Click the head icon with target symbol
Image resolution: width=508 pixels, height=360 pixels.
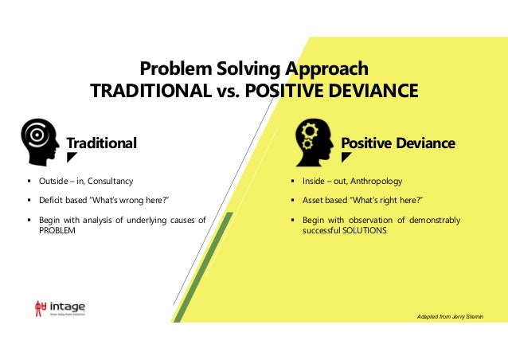click(x=40, y=141)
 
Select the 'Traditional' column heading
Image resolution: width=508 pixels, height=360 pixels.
click(x=101, y=143)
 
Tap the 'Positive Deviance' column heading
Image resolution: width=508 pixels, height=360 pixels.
click(x=397, y=143)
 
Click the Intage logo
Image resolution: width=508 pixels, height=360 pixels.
click(x=58, y=307)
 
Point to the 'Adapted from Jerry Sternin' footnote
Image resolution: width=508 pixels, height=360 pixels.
click(x=450, y=317)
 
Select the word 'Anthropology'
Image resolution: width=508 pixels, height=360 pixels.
click(x=377, y=182)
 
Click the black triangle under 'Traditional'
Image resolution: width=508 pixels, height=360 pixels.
click(x=71, y=158)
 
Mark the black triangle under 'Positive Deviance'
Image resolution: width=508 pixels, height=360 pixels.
click(x=346, y=158)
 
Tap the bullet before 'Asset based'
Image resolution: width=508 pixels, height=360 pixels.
click(x=293, y=200)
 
